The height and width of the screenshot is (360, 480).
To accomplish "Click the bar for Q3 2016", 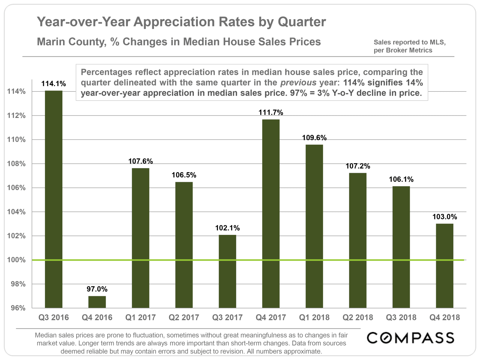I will coord(54,199).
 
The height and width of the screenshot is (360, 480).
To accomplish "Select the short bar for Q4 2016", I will coord(97,302).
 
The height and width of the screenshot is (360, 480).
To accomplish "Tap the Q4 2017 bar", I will coord(271,214).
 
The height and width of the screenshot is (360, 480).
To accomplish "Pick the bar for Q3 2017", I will coord(227,271).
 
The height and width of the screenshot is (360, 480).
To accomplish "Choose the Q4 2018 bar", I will coord(445,266).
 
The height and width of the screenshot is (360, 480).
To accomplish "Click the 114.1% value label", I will coord(54,84).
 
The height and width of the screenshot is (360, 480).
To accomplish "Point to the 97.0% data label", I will coord(97,289).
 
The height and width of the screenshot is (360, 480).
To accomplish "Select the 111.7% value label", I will coord(271,112).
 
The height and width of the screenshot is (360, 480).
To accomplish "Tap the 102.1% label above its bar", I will coord(227,228).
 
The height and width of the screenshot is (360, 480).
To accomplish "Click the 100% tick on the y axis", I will coord(16,260).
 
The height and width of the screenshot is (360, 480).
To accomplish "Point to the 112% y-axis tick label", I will coord(16,115).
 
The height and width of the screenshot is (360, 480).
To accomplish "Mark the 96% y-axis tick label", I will coord(18,308).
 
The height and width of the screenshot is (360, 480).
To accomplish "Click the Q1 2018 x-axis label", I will coord(314,317).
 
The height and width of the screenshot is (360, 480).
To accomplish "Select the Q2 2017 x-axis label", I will coord(184,317).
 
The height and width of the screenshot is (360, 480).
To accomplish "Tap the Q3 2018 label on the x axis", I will coord(401,317).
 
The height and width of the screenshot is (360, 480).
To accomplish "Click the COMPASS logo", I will coord(410,338).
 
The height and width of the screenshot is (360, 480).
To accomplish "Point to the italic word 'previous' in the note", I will coord(298,82).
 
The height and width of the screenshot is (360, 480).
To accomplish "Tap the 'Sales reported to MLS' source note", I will coord(409,42).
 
